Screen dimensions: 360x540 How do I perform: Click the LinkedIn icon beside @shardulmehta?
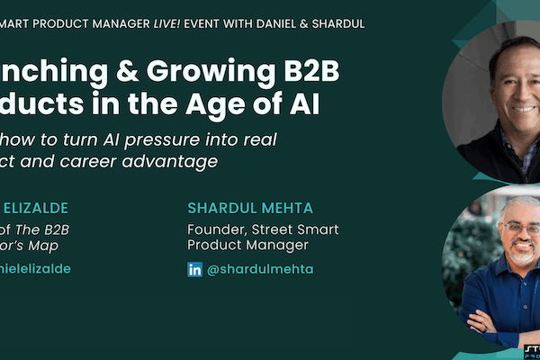tap(195, 269)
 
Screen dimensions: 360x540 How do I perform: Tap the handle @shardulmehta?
tap(255, 269)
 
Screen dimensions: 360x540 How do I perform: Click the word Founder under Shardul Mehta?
tap(215, 229)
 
